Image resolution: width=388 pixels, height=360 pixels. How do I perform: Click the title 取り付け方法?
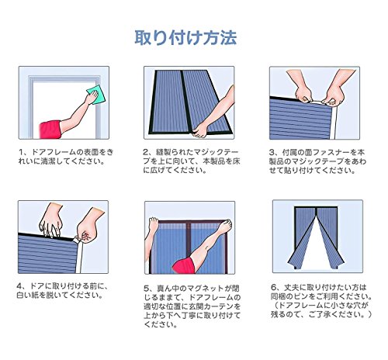click(x=185, y=38)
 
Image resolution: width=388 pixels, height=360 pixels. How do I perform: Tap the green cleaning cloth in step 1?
click(x=96, y=94)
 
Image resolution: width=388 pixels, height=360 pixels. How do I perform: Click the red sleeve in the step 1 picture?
click(x=50, y=130)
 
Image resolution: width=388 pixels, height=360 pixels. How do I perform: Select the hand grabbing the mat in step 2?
click(x=200, y=130)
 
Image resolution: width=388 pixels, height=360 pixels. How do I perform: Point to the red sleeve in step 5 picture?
click(x=184, y=265)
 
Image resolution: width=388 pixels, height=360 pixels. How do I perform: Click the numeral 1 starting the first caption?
click(x=21, y=152)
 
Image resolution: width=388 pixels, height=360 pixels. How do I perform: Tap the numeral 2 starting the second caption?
click(x=147, y=152)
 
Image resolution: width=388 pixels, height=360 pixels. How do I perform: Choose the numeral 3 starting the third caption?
click(x=272, y=152)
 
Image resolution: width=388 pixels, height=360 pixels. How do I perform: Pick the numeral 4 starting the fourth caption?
click(x=19, y=286)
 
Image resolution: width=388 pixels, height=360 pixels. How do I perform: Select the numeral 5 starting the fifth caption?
click(x=147, y=288)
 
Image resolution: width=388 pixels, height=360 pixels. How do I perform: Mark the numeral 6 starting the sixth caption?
click(x=274, y=287)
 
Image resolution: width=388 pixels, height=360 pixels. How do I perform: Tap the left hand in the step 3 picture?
click(x=303, y=95)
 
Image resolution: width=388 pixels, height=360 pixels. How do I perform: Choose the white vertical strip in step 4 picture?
click(x=79, y=257)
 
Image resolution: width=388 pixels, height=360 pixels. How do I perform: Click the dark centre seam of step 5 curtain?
click(x=189, y=238)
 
